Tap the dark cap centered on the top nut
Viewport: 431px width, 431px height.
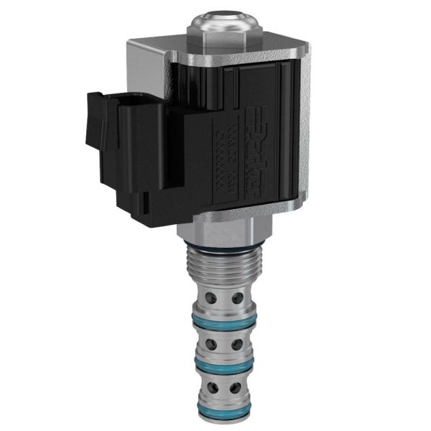(219, 12)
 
